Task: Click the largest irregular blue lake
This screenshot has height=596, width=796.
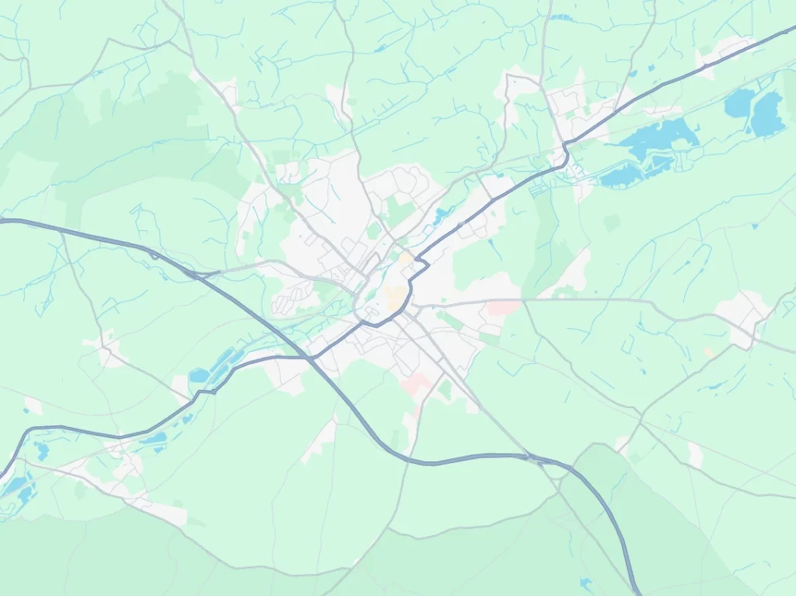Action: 657,138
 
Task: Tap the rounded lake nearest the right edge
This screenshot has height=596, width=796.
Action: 767,113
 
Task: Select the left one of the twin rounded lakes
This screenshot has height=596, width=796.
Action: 739,102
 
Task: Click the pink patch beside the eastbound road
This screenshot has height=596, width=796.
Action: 502,309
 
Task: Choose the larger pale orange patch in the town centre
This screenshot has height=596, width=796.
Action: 396,296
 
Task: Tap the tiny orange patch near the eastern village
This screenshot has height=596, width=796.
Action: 709,352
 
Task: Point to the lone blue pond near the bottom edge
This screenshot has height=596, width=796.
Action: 585,582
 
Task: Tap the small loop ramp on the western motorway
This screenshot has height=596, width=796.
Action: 154,254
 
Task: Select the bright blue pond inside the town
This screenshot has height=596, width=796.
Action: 442,212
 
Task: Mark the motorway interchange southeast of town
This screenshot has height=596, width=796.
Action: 536,460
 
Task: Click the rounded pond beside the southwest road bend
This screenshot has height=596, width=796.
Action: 199,376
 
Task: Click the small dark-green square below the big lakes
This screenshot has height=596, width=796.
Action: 613,223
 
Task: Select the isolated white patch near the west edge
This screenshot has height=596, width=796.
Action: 33,405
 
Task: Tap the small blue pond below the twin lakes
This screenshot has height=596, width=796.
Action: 754,226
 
